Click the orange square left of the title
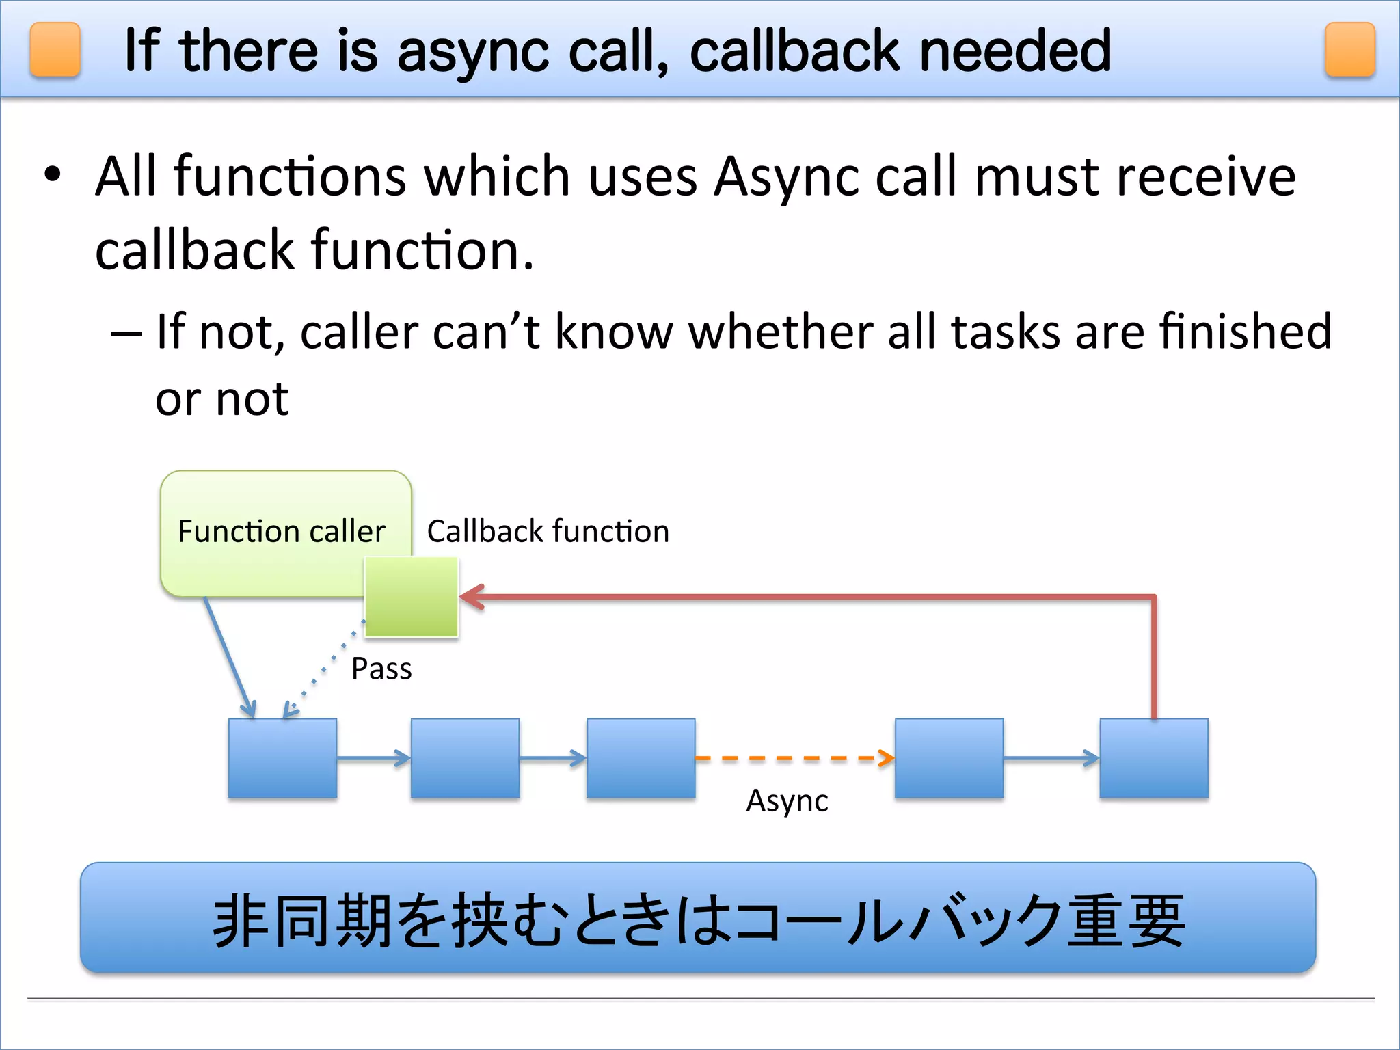click(55, 49)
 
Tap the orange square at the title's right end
click(1349, 49)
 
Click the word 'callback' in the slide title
click(795, 51)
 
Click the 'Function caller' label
click(281, 532)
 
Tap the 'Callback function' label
click(548, 532)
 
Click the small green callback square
click(411, 597)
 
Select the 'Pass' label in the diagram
click(381, 669)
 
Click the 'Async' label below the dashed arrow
click(787, 801)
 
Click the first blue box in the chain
click(282, 758)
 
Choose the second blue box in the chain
click(465, 758)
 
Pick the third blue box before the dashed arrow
click(641, 758)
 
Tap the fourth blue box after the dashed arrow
click(949, 758)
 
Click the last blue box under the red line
click(1154, 758)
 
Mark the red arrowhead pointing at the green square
click(472, 597)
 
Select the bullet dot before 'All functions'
click(53, 175)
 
